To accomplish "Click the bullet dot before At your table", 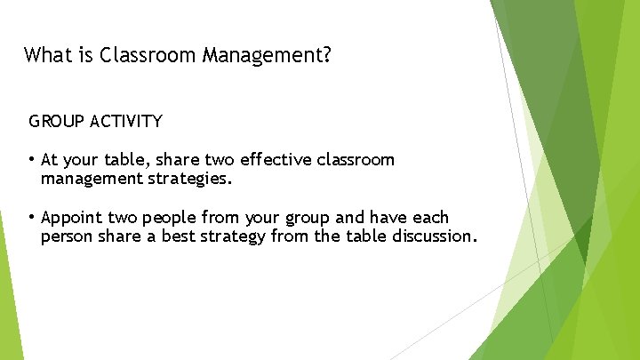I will (32, 160).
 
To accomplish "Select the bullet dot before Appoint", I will (32, 217).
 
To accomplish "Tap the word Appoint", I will (73, 218).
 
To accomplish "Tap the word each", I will (432, 217).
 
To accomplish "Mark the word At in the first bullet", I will (50, 160).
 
